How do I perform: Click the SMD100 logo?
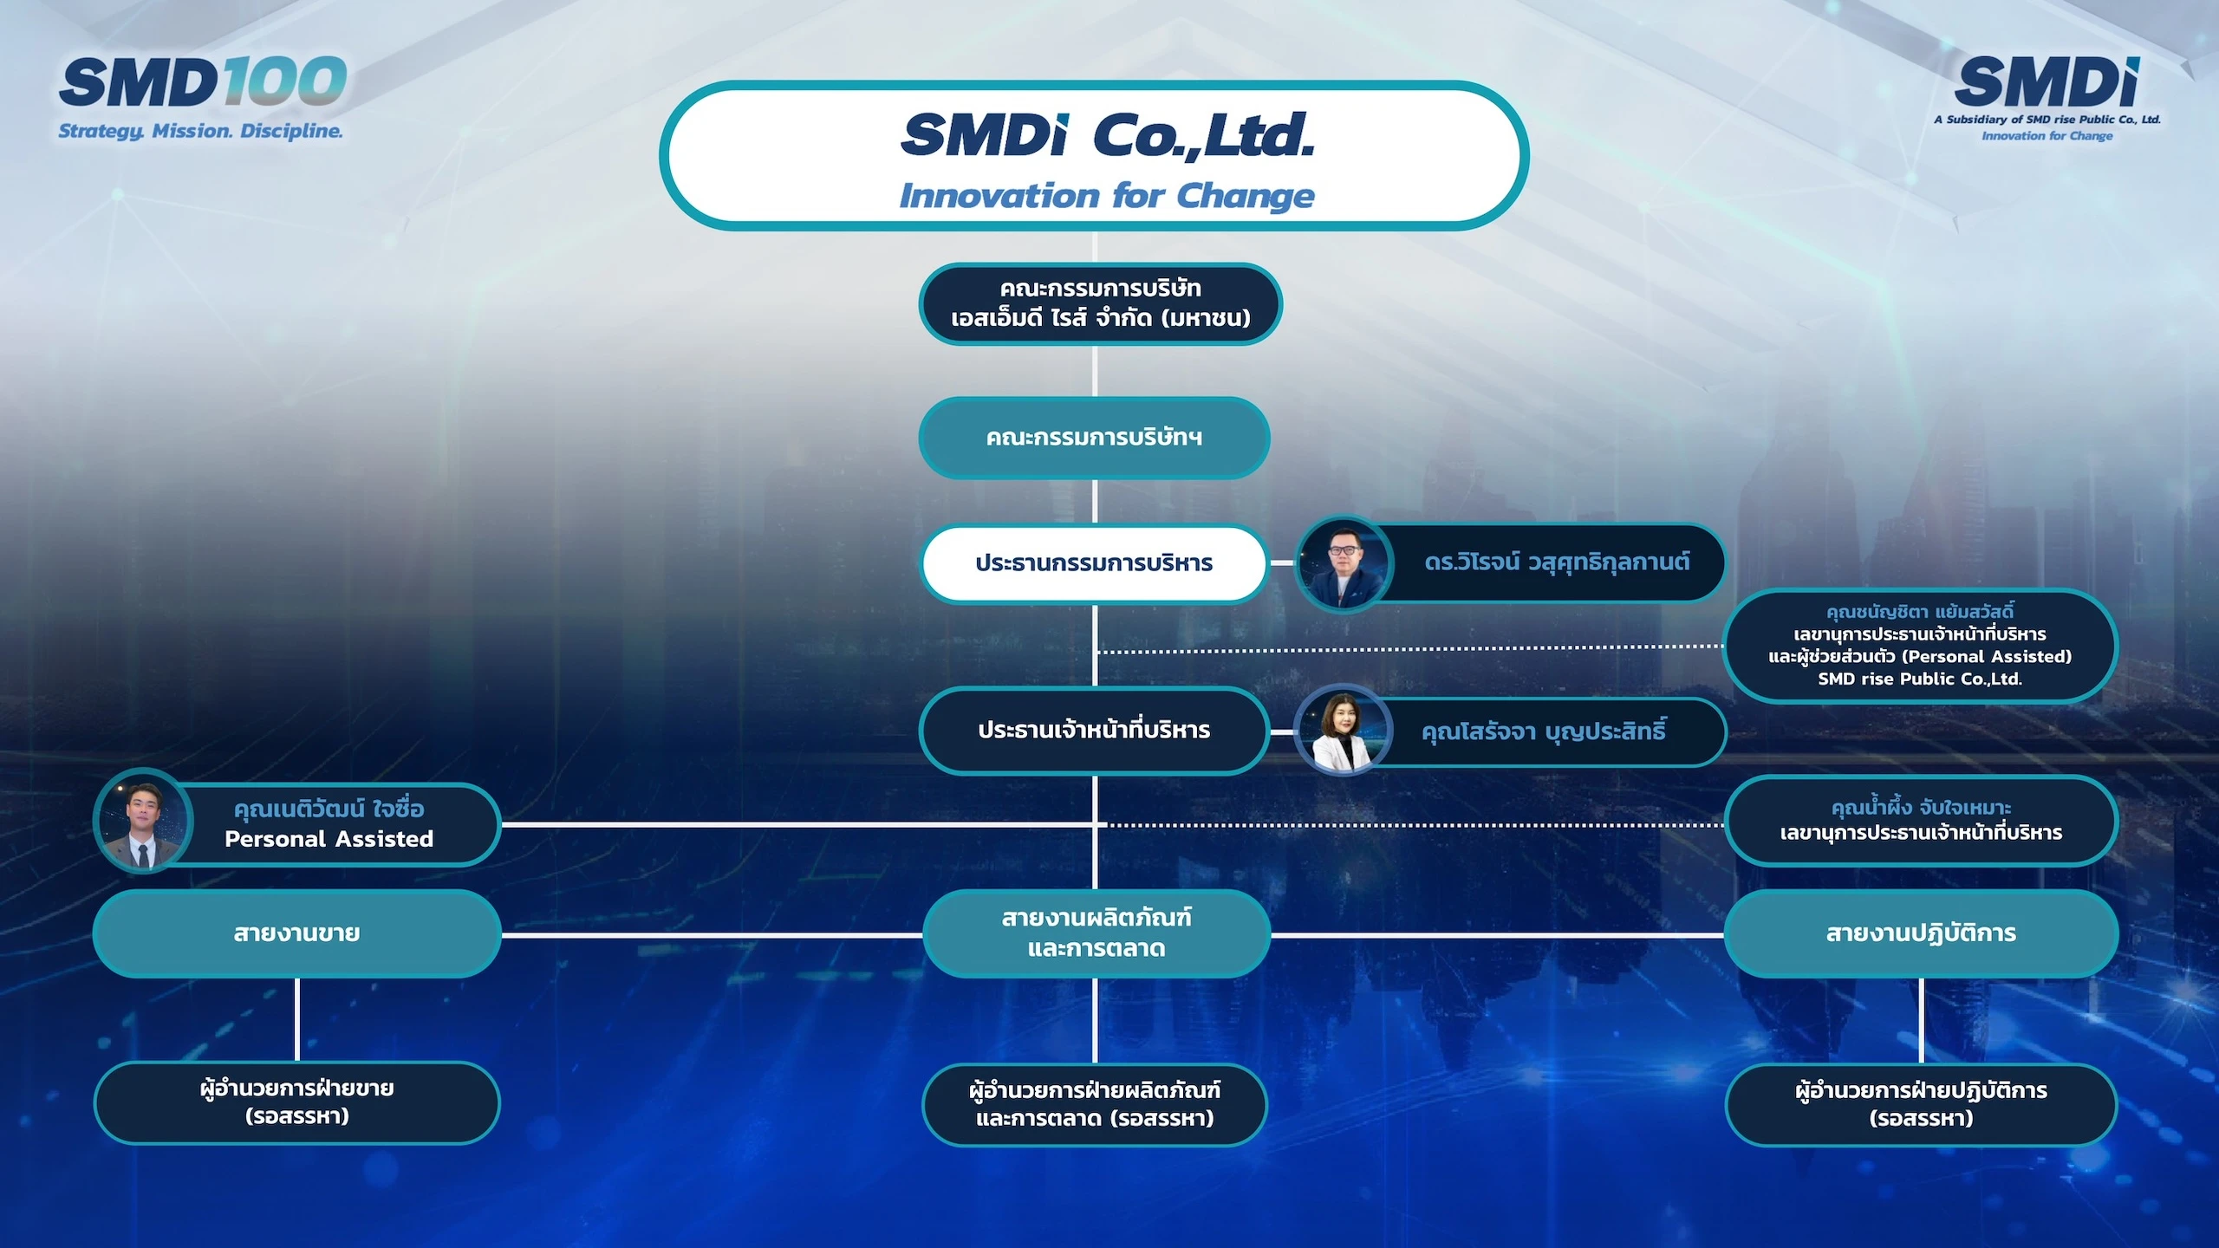(x=203, y=82)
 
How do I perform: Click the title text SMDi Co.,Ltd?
(x=1108, y=135)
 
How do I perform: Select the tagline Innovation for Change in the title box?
(x=1107, y=196)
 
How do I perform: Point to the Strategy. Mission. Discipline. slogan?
(x=200, y=131)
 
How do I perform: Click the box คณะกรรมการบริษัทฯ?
(x=1094, y=438)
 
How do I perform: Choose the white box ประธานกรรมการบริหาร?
(x=1094, y=563)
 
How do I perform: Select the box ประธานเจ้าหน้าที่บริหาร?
(x=1094, y=730)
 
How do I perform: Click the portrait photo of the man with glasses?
(x=1343, y=564)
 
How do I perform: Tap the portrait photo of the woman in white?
(x=1343, y=730)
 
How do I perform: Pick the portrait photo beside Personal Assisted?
(x=143, y=821)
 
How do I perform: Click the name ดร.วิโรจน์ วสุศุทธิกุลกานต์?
(x=1557, y=562)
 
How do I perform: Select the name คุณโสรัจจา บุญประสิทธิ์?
(x=1544, y=731)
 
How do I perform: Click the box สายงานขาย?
(x=296, y=933)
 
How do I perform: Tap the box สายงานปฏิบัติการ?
(x=1921, y=933)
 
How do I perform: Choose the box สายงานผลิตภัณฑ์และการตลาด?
(x=1096, y=933)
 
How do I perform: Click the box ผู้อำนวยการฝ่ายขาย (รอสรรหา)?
(x=296, y=1102)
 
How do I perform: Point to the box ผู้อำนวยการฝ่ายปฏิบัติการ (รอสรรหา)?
(x=1921, y=1104)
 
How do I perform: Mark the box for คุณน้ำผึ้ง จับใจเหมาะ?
(x=1921, y=820)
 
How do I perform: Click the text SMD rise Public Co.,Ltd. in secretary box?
(x=1920, y=679)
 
